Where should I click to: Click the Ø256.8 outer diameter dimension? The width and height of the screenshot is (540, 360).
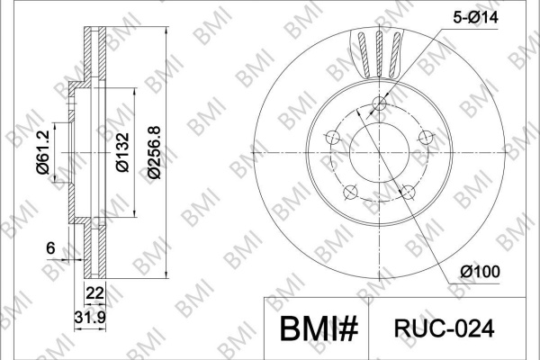154,152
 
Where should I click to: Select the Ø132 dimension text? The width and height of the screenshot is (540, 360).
122,152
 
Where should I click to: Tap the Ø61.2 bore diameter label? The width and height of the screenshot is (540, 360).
44,152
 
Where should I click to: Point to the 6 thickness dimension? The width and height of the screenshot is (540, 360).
50,247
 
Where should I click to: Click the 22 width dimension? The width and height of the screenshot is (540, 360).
94,293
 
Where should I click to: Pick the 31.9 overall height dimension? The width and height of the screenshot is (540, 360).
90,318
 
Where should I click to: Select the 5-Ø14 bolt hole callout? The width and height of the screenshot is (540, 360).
475,17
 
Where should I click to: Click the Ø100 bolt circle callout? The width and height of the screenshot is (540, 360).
480,272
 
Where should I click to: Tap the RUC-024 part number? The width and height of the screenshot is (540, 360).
444,328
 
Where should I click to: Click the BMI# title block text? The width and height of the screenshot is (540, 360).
319,328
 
